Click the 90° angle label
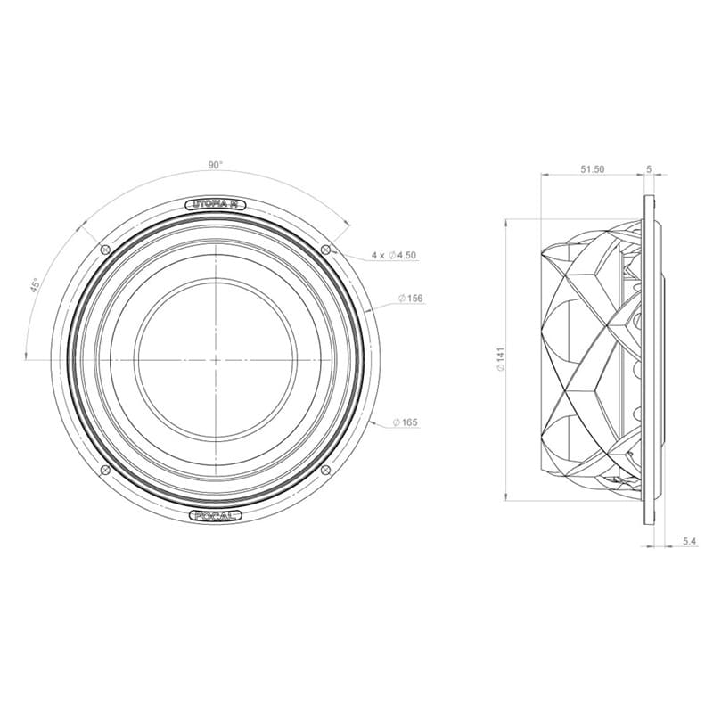(x=215, y=165)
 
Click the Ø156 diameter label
(x=410, y=298)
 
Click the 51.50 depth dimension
(x=593, y=168)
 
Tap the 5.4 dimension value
(x=688, y=541)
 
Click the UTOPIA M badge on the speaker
(x=216, y=205)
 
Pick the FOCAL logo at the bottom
(x=216, y=514)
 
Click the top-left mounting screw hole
(x=106, y=249)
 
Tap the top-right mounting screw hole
(x=325, y=249)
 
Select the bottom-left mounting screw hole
(x=106, y=469)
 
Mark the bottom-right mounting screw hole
(x=325, y=469)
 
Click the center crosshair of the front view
(x=216, y=359)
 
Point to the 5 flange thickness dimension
(x=649, y=168)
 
